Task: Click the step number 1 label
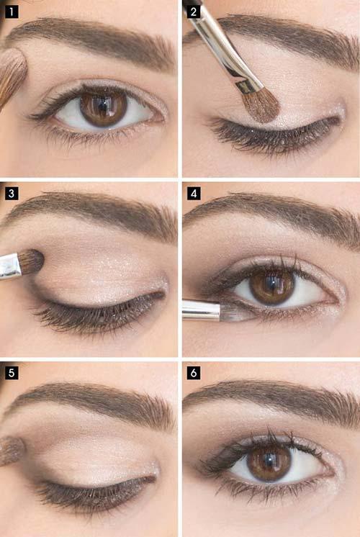[x=12, y=12]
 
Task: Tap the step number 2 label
[x=194, y=12]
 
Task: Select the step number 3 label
[x=12, y=194]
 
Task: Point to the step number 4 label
[x=194, y=194]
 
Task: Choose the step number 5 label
[x=12, y=373]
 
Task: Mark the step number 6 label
[x=194, y=373]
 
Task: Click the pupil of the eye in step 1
[x=103, y=107]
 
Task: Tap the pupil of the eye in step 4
[x=272, y=286]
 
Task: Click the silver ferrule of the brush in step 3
[x=11, y=266]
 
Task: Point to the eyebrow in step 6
[x=271, y=400]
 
